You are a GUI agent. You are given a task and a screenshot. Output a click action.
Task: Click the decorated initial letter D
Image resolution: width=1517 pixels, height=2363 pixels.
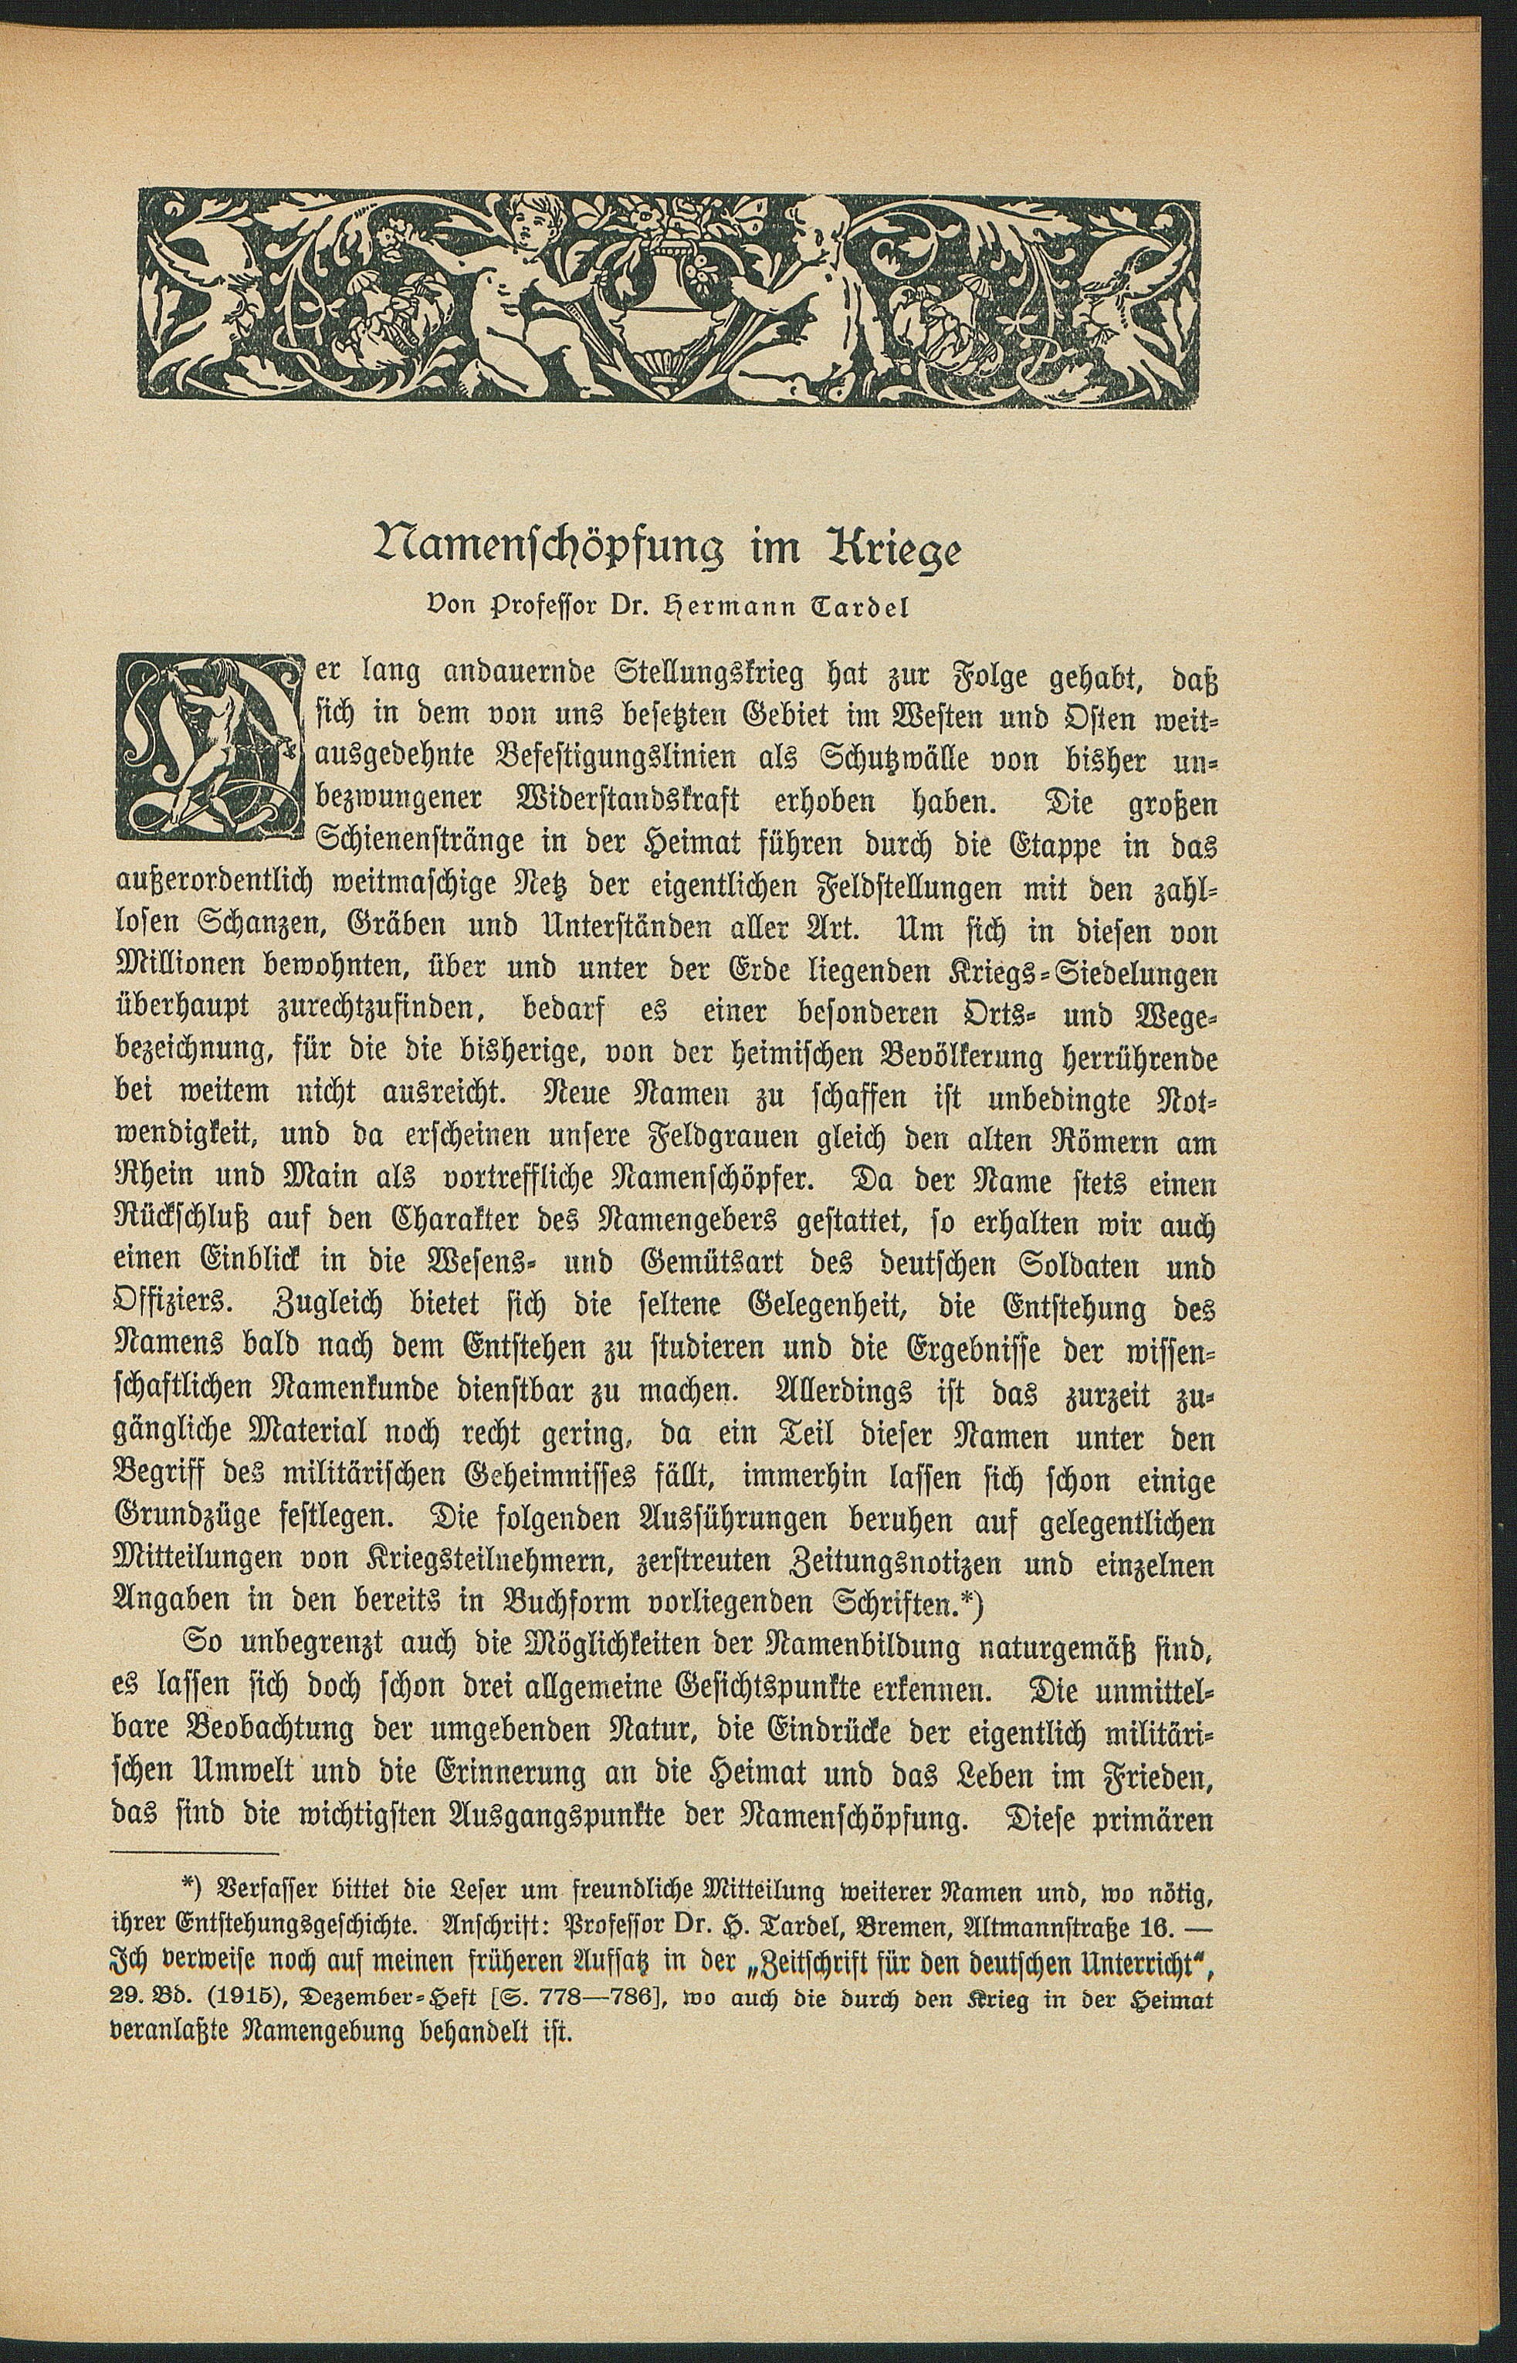207,750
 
